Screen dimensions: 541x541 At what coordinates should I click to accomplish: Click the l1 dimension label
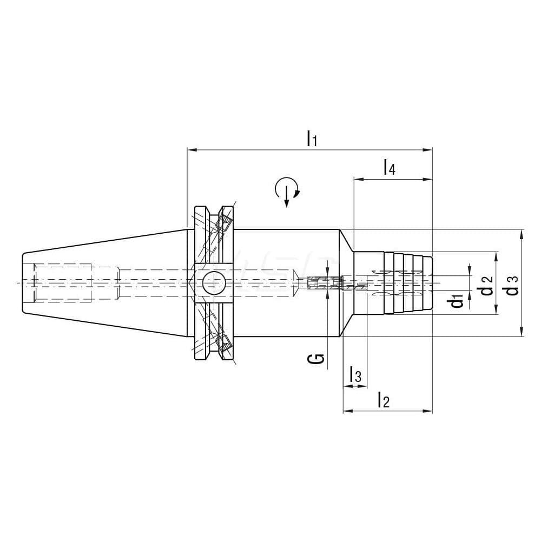click(311, 138)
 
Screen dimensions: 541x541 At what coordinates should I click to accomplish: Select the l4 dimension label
click(389, 167)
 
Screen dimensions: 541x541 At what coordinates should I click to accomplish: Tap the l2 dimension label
click(383, 401)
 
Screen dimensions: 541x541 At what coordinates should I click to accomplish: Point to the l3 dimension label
click(355, 374)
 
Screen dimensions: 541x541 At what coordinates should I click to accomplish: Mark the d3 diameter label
click(512, 285)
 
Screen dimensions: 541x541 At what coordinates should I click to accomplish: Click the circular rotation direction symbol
click(287, 190)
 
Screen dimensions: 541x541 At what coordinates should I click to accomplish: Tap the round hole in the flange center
click(214, 283)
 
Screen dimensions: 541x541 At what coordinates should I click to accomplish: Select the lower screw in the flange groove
click(223, 343)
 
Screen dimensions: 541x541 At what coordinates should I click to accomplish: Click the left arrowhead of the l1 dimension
click(190, 149)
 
